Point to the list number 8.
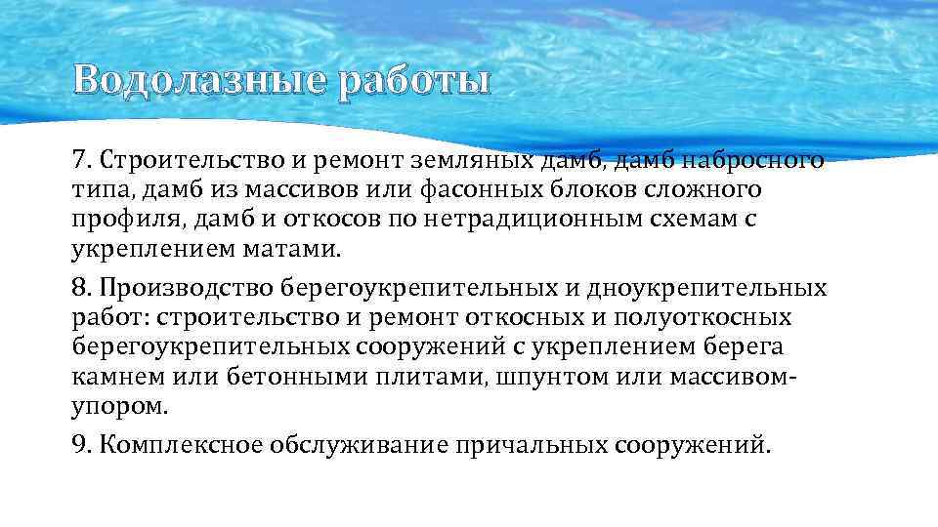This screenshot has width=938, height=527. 81,289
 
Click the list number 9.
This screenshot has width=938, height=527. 81,445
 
